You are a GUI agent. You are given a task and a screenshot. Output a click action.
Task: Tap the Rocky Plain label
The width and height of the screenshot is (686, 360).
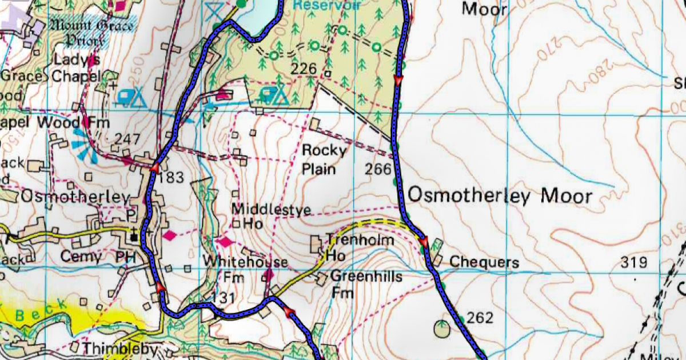[x=324, y=159]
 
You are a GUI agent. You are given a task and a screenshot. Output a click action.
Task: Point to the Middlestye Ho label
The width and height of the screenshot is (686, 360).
[x=271, y=216]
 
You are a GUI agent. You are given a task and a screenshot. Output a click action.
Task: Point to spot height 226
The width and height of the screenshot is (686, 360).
[x=303, y=69]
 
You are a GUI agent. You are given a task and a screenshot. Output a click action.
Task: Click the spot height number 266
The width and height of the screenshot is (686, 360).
[x=377, y=169]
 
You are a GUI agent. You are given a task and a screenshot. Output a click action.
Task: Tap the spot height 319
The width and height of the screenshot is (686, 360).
[x=634, y=262]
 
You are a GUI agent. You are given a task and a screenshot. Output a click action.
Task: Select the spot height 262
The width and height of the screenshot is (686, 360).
[x=480, y=317]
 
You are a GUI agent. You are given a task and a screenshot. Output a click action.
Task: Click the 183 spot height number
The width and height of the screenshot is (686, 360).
[x=171, y=178]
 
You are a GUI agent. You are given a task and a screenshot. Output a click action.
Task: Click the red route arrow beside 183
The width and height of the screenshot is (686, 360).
[x=154, y=167]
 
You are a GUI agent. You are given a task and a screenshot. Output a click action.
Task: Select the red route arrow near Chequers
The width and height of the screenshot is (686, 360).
[x=424, y=242]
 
